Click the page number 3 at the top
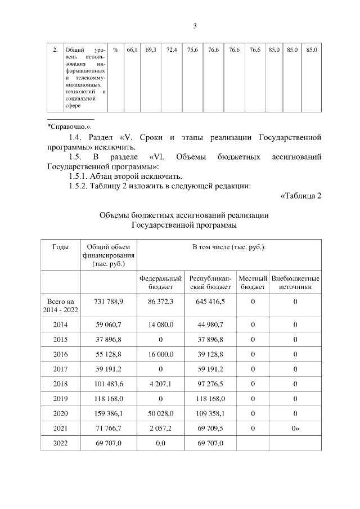[x=195, y=26]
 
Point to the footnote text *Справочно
[x=69, y=127]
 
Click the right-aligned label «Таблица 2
[x=300, y=195]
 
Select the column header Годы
[x=61, y=247]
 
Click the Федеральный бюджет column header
[x=161, y=282]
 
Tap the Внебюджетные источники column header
[x=295, y=282]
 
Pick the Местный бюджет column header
[x=253, y=282]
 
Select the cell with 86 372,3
[x=161, y=302]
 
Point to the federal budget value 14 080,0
[x=161, y=325]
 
